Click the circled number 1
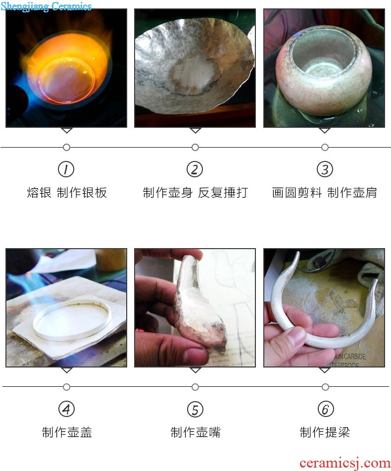pos(66,169)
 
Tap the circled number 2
pos(195,169)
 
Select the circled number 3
pos(325,169)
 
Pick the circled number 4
pos(66,409)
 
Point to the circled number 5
pos(195,409)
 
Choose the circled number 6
pos(325,409)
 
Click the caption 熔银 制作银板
pos(67,193)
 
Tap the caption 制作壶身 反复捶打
pos(195,193)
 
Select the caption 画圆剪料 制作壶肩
pos(324,193)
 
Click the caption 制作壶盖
pos(67,432)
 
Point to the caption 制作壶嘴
pos(195,432)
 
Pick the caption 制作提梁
pos(325,432)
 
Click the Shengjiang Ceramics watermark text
pos(46,6)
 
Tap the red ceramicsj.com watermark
pos(344,463)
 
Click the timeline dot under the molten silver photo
pos(66,147)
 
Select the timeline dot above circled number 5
pos(195,387)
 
